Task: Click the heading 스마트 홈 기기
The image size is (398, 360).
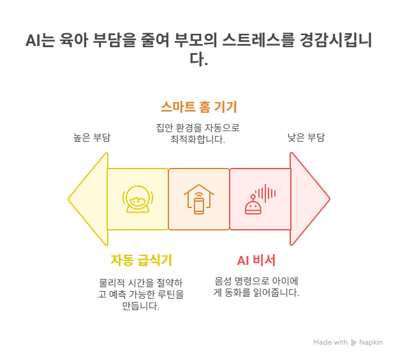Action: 198,106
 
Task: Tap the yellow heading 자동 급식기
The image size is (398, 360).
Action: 141,260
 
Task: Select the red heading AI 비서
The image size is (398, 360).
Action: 256,260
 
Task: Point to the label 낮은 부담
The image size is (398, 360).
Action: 306,137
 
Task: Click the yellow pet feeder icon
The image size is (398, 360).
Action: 137,199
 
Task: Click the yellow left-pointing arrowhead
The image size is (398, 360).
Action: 88,199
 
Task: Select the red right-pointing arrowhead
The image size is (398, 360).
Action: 309,199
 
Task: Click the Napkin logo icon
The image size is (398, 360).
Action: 354,343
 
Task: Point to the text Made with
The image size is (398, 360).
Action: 330,343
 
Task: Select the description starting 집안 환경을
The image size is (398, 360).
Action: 198,133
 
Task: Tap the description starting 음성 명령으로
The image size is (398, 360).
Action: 256,287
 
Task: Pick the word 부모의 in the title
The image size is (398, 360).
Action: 196,41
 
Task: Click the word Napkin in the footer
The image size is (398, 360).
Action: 371,343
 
